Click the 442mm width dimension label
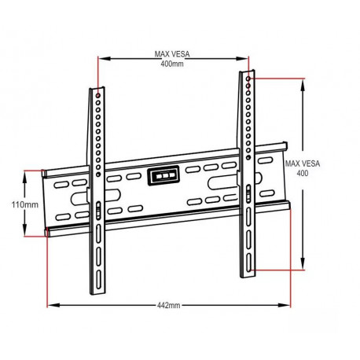tap(167, 304)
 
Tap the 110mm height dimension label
tap(24, 204)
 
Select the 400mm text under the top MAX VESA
tap(172, 64)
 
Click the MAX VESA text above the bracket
tap(172, 54)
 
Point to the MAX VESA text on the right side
tap(302, 165)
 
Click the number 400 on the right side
tap(302, 174)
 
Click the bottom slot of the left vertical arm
tap(97, 261)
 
